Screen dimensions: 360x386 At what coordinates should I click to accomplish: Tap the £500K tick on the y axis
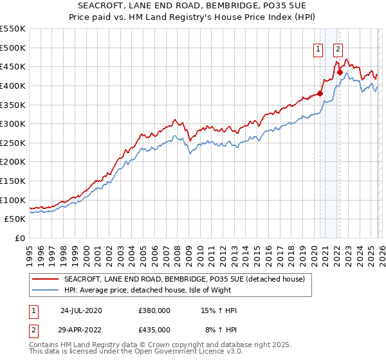coord(13,48)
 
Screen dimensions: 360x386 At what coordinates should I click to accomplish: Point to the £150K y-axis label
coord(13,181)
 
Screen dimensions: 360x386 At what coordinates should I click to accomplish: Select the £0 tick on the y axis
coord(21,238)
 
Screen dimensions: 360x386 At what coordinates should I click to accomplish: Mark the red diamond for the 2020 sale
coord(320,94)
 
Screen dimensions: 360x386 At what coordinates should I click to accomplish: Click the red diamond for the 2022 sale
coord(340,73)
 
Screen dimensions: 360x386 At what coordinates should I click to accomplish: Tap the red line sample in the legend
coord(46,279)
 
